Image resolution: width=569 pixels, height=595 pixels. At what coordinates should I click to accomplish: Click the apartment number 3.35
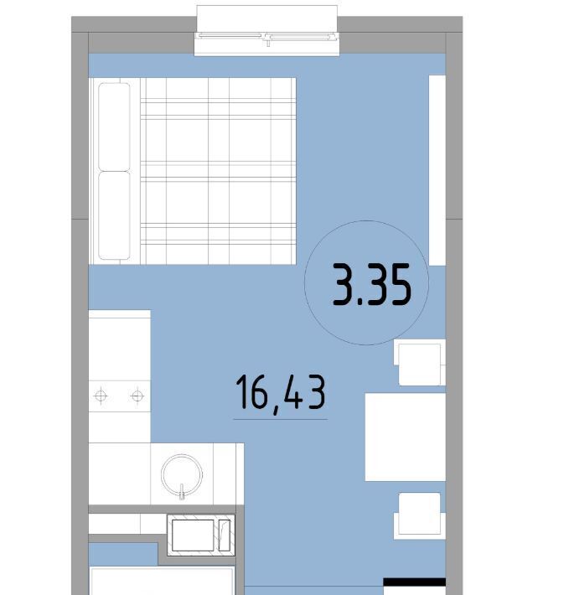coord(372,284)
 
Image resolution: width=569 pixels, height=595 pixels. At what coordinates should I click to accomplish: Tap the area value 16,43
coord(281,392)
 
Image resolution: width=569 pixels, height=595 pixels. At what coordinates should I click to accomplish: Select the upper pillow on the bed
coord(114,127)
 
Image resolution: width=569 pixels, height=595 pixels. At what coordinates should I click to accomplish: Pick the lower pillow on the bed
coord(114,215)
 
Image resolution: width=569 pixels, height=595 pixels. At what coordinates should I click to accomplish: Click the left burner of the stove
coord(101,396)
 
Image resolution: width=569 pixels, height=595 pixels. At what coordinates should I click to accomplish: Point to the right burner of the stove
coord(137,396)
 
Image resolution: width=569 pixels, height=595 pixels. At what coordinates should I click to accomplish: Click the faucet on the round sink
coord(182,490)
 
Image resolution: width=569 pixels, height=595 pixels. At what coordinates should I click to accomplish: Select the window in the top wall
coord(266,31)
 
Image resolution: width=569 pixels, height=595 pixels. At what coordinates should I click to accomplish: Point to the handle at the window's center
coord(268,40)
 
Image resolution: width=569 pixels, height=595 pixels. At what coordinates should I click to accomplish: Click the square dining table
coord(405,437)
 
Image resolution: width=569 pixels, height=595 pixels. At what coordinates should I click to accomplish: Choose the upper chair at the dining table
coord(420,363)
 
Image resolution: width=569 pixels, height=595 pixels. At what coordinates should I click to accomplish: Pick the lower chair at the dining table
coord(420,516)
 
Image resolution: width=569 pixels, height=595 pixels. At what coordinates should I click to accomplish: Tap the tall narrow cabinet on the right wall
coord(437,170)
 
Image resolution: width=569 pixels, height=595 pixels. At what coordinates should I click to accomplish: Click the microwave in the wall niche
coord(201,535)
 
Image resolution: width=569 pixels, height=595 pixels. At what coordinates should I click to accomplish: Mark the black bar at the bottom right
coord(414,582)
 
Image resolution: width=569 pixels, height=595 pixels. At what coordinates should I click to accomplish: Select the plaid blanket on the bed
coord(218,171)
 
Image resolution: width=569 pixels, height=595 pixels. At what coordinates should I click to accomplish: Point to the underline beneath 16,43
coord(281,419)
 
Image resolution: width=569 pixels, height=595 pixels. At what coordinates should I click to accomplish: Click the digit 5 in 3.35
coord(400,284)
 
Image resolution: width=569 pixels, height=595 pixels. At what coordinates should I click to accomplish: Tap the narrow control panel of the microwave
coord(225,535)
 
